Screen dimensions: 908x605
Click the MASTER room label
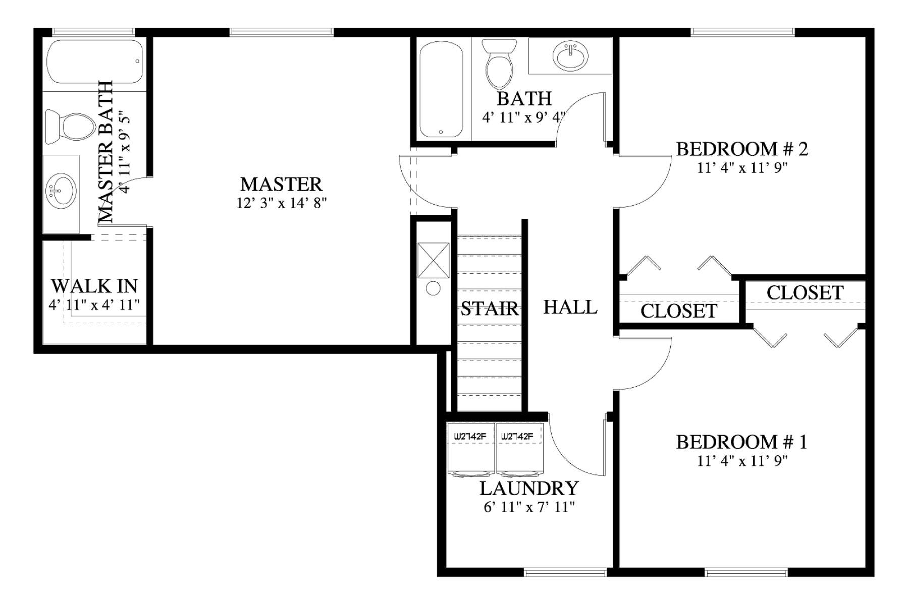click(281, 185)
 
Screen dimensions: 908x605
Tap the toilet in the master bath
click(70, 127)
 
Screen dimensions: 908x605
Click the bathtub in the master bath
click(95, 62)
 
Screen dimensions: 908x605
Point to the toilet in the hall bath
click(499, 64)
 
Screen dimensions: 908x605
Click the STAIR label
click(490, 309)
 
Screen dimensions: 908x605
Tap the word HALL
click(570, 307)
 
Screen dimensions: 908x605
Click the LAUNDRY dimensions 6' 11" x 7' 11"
click(529, 507)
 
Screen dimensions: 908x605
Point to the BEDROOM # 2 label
click(742, 149)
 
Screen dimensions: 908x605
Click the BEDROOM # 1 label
click(741, 442)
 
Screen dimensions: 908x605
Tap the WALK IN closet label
click(94, 286)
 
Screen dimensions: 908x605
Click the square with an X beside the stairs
click(433, 260)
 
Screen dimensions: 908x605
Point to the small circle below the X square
click(433, 288)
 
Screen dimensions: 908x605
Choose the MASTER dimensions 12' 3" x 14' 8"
click(282, 203)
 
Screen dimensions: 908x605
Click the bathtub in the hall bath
click(441, 90)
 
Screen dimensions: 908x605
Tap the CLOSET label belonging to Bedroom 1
click(805, 293)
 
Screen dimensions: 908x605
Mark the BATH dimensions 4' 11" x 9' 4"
click(523, 117)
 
